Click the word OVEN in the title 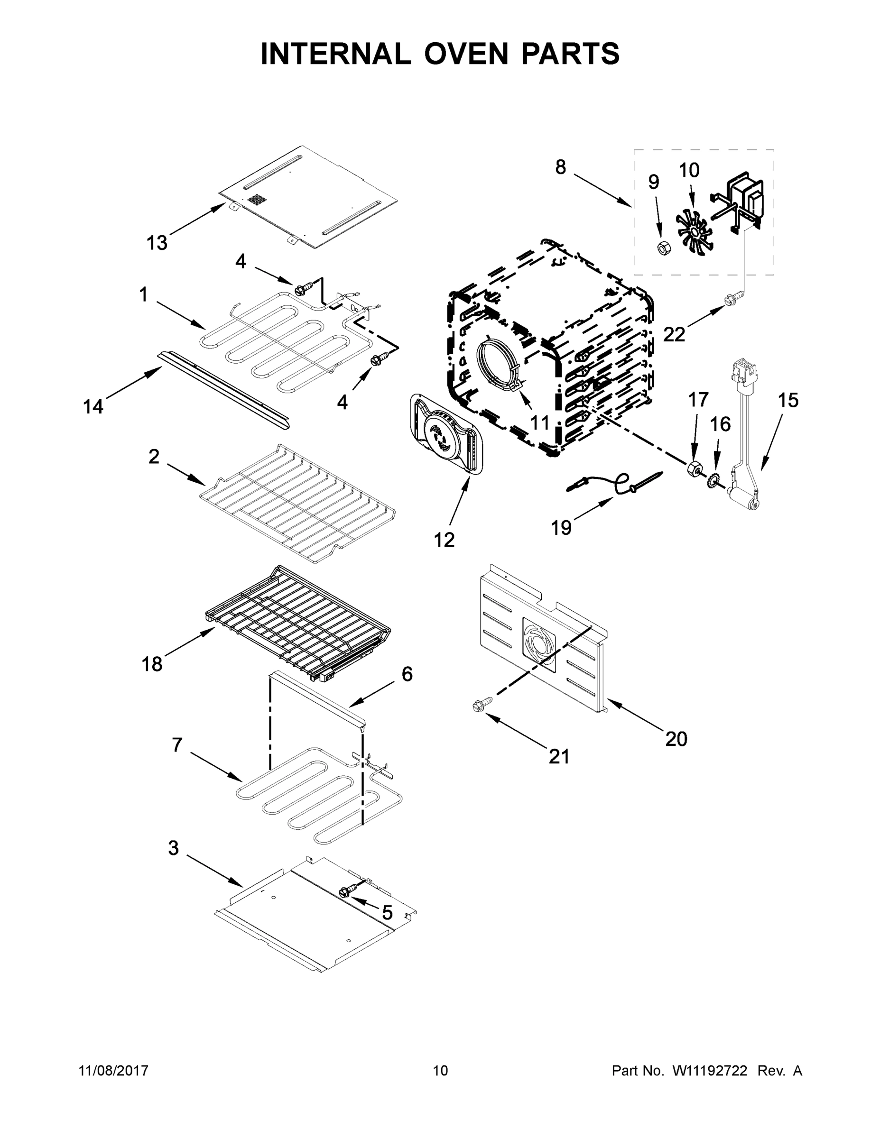click(x=465, y=54)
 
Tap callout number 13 click(x=157, y=242)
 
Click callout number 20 click(x=676, y=739)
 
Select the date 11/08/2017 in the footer click(x=113, y=1071)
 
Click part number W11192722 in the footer click(x=710, y=1071)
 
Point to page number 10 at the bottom click(x=441, y=1071)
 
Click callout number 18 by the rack click(x=152, y=664)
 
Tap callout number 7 click(x=177, y=745)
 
